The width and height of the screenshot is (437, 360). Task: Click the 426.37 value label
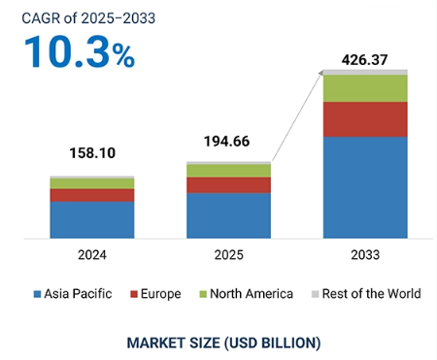click(365, 60)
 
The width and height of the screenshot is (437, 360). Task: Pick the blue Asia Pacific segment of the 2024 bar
click(91, 219)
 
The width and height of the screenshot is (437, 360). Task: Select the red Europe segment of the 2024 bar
click(91, 195)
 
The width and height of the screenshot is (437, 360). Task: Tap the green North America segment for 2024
click(91, 183)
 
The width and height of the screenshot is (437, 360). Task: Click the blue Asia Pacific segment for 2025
click(228, 214)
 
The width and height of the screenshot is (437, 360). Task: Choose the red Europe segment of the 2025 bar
click(228, 184)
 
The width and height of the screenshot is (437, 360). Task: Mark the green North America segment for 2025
click(228, 171)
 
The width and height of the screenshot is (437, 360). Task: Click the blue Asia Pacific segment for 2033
click(365, 186)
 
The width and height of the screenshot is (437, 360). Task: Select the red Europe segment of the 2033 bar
click(365, 119)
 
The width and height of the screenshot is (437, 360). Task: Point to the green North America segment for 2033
click(365, 88)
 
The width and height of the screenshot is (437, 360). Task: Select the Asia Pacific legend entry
click(73, 293)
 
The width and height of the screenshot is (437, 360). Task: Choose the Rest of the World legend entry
click(364, 293)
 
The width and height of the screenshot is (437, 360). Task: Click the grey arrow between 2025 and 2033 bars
click(297, 115)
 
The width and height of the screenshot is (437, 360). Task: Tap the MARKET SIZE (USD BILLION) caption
click(222, 343)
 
